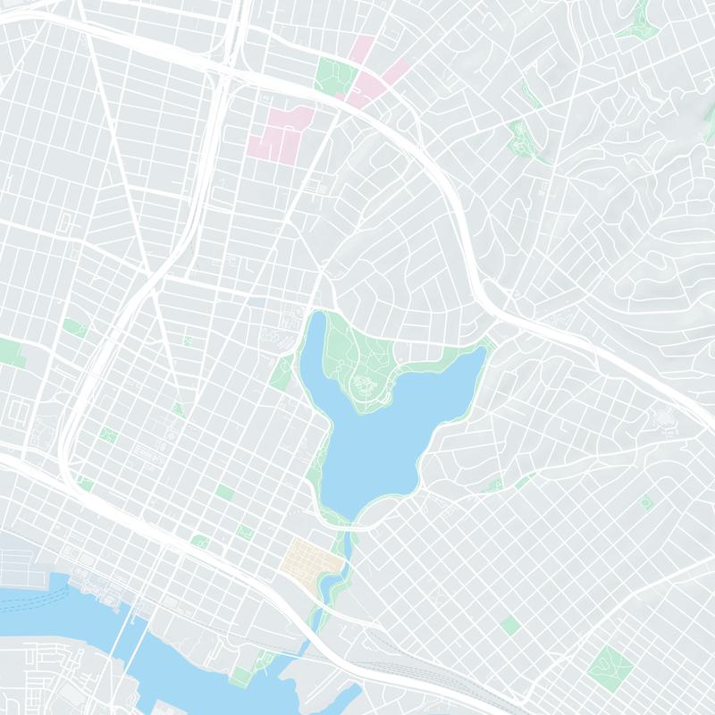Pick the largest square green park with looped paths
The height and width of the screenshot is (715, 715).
point(610,666)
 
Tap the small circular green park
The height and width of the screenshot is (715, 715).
point(645,502)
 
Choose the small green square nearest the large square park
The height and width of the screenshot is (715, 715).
point(510,625)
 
